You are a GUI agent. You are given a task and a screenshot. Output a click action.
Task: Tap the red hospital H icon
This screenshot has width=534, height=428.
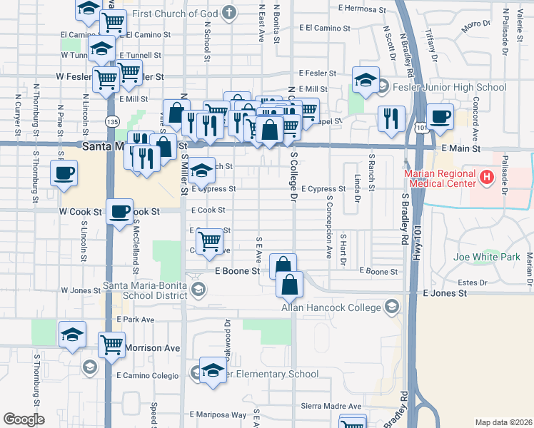[488, 177]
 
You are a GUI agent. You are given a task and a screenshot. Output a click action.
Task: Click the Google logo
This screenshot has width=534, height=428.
[24, 419]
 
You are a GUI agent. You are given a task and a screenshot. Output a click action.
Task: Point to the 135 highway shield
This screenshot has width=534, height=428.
[111, 122]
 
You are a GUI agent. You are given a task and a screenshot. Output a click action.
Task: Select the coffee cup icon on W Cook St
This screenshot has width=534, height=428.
[119, 210]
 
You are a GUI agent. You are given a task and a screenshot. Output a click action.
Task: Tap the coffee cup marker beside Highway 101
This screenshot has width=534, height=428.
[440, 116]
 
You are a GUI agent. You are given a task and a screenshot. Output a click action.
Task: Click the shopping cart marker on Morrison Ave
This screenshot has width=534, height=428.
[112, 345]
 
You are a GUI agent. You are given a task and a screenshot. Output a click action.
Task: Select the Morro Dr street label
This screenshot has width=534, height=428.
[476, 26]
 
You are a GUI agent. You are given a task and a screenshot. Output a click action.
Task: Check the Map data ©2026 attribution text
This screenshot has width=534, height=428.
[503, 422]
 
